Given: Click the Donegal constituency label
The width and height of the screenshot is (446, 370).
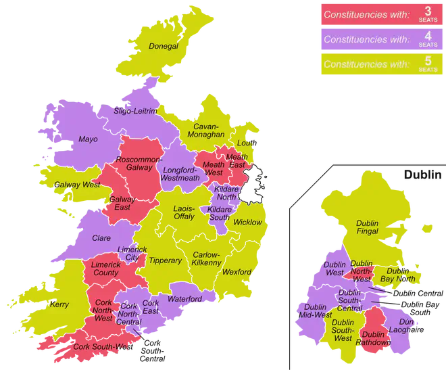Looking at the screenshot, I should click(x=164, y=47).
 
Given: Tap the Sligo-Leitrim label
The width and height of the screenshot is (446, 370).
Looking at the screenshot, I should click(x=135, y=110).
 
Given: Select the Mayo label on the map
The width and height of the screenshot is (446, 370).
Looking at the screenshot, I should click(x=88, y=139).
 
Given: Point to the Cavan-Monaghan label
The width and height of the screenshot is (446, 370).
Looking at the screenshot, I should click(x=205, y=131).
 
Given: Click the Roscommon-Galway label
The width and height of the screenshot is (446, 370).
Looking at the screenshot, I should click(x=139, y=164).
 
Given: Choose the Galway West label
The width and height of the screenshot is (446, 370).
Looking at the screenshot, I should click(x=77, y=184).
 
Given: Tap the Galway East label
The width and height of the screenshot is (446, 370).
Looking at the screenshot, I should click(x=123, y=204).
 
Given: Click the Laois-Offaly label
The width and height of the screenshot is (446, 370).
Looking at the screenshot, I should click(x=184, y=212).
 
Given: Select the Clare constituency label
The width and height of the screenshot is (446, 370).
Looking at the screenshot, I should click(x=101, y=238).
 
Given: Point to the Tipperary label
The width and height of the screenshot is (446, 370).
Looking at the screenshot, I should click(x=165, y=260).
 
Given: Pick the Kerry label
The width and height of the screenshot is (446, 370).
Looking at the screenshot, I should click(x=59, y=305).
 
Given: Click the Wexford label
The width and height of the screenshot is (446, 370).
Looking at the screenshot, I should click(x=237, y=272).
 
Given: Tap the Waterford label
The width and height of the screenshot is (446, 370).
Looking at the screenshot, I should click(x=184, y=299).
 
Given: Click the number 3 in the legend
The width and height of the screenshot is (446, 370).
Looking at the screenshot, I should click(x=428, y=11).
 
